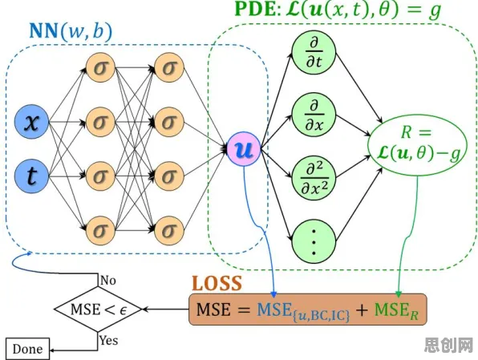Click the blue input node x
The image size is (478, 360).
(32, 122)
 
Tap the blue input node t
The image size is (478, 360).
(32, 176)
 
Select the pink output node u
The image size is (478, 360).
(244, 149)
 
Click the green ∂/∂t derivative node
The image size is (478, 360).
(314, 53)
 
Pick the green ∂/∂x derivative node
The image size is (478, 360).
(314, 115)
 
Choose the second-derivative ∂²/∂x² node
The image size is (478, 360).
(314, 179)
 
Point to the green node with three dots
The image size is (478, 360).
(314, 241)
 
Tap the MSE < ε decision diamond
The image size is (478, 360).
(98, 309)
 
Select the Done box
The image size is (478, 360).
(27, 349)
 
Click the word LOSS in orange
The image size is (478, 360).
(217, 283)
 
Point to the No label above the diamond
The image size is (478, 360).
(108, 280)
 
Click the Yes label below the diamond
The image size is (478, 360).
(109, 340)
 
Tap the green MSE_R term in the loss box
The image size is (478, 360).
(396, 310)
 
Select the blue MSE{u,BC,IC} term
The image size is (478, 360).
(303, 311)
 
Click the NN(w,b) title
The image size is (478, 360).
(71, 31)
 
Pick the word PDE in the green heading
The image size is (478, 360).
(256, 9)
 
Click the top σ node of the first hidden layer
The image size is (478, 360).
(100, 67)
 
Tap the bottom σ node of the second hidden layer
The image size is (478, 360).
(169, 230)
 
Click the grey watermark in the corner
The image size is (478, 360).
(449, 346)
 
